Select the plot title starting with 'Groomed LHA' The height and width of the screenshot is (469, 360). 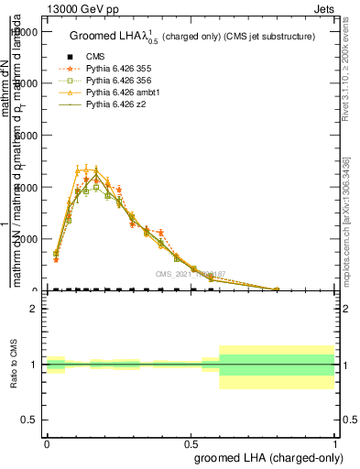tap(192, 37)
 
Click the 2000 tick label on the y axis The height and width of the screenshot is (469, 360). tap(28, 239)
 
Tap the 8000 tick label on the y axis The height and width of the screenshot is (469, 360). tap(28, 83)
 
